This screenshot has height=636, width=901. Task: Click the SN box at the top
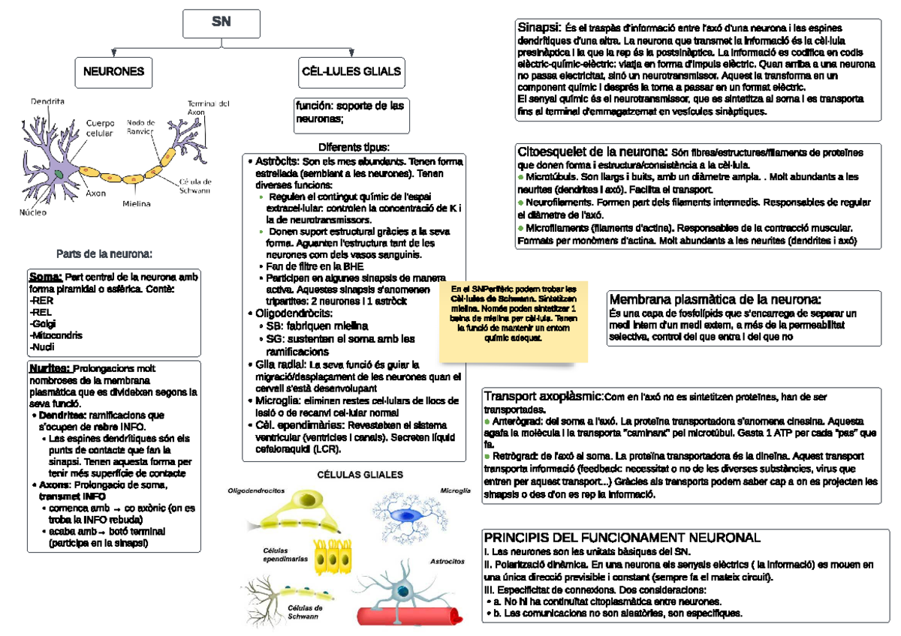221,23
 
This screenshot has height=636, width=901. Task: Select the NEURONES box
113,72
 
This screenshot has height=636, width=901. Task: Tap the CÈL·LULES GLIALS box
351,72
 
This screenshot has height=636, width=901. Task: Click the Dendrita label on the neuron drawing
47,101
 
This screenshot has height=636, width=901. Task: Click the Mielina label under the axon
136,203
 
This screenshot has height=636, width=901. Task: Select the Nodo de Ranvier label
141,126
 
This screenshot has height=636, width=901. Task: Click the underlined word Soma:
46,277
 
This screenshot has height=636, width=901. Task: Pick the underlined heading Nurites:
50,368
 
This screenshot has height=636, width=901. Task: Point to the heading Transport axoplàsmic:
544,396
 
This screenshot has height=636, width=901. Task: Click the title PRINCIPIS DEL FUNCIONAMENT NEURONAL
622,538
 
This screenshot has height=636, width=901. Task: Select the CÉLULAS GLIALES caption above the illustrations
360,475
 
